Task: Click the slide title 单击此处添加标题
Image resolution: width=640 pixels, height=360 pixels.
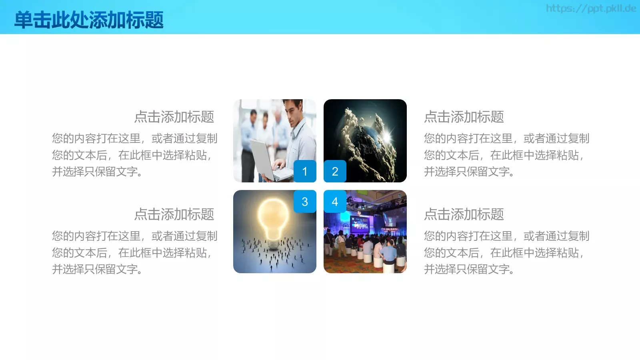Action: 89,20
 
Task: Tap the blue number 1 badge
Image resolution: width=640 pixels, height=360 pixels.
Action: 305,171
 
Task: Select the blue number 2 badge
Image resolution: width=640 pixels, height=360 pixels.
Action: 335,171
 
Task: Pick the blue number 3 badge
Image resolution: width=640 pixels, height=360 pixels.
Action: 305,202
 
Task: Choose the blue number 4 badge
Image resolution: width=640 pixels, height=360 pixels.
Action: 335,202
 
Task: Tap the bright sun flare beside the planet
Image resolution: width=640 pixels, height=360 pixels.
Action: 387,136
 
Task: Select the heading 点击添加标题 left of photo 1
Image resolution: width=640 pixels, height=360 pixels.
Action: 174,117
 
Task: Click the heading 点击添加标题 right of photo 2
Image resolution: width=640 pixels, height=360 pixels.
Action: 464,117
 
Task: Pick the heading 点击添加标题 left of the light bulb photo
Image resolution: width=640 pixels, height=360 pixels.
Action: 174,214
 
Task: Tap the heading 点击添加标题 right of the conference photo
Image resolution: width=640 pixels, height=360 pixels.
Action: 464,214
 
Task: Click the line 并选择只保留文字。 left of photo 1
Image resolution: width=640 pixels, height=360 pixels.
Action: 97,172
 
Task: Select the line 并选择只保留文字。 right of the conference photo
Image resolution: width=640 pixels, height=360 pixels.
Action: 469,269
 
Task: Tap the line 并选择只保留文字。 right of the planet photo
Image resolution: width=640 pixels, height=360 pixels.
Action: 469,172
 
